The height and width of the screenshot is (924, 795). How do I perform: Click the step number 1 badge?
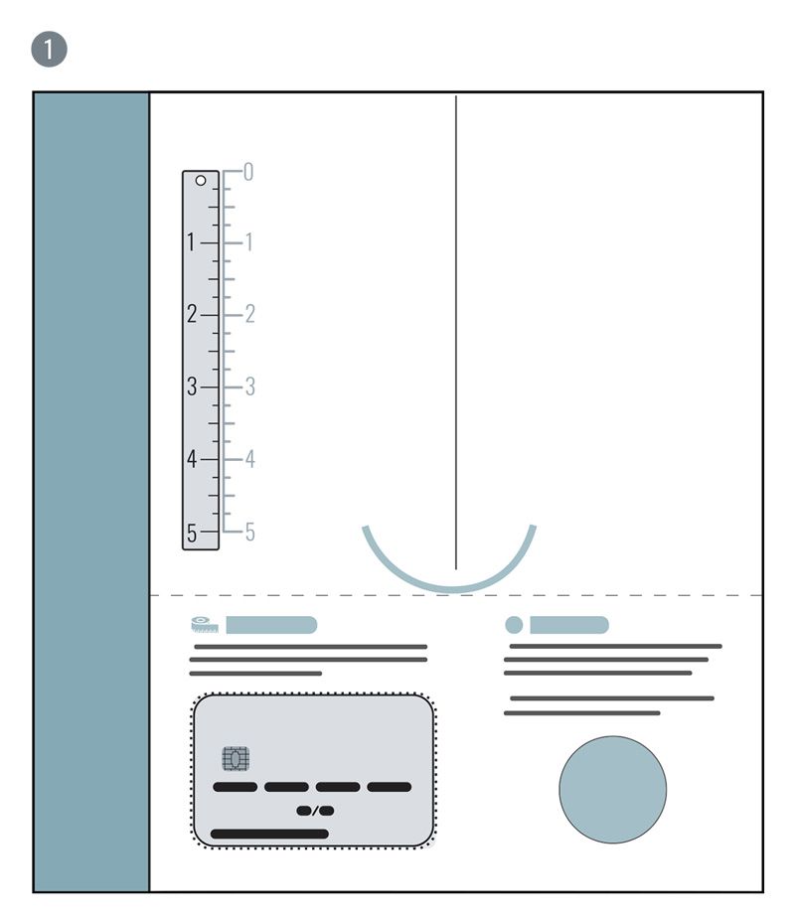[49, 49]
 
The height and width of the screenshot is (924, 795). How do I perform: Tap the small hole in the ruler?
[201, 180]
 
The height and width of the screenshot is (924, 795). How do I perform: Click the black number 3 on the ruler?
[192, 386]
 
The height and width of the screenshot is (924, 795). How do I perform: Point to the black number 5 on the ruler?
[192, 533]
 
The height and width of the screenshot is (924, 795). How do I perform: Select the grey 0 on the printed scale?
[248, 172]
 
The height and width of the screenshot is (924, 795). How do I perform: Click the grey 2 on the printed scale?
[249, 314]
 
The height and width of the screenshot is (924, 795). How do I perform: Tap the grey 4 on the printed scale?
[249, 459]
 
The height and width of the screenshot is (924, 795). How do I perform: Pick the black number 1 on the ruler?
[191, 242]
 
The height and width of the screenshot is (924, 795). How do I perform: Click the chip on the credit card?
[236, 759]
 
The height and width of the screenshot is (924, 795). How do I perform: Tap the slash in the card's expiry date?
[315, 811]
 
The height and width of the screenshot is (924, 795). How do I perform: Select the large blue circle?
[613, 790]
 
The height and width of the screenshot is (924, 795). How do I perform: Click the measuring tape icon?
[205, 625]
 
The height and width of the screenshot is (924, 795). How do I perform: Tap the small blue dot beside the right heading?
[514, 625]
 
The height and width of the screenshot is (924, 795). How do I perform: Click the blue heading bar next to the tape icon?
[271, 625]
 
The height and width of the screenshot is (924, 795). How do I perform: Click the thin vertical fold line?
[456, 333]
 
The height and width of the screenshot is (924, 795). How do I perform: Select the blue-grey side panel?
[91, 492]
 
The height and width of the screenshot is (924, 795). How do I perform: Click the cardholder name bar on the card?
[270, 834]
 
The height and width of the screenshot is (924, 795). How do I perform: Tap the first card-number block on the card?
[236, 787]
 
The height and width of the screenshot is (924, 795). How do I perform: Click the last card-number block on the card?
[390, 787]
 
